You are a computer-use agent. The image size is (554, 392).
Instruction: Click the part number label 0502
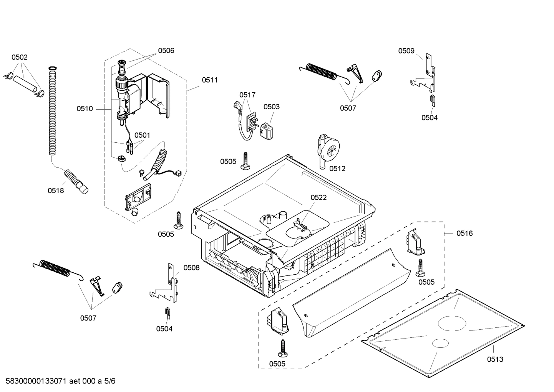pyautogui.click(x=19, y=57)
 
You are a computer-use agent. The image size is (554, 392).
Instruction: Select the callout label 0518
pyautogui.click(x=56, y=190)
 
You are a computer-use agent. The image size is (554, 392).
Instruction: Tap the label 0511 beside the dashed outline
pyautogui.click(x=209, y=80)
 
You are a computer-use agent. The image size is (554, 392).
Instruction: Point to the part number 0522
pyautogui.click(x=318, y=197)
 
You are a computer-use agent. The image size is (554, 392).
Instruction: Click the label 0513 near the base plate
pyautogui.click(x=495, y=359)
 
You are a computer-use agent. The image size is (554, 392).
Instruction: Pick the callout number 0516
pyautogui.click(x=464, y=233)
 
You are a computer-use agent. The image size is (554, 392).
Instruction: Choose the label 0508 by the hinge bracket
pyautogui.click(x=191, y=268)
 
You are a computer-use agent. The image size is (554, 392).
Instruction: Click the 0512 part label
pyautogui.click(x=337, y=168)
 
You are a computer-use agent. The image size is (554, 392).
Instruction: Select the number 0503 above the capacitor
pyautogui.click(x=271, y=107)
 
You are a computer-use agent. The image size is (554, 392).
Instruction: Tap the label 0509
pyautogui.click(x=406, y=51)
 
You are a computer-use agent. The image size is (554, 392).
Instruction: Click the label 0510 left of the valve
pyautogui.click(x=85, y=109)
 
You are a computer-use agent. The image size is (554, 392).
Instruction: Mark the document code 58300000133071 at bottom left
pyautogui.click(x=36, y=381)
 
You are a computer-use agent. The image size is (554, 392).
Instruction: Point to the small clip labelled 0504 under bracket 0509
pyautogui.click(x=432, y=100)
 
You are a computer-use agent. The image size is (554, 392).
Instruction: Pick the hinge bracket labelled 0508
pyautogui.click(x=169, y=285)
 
